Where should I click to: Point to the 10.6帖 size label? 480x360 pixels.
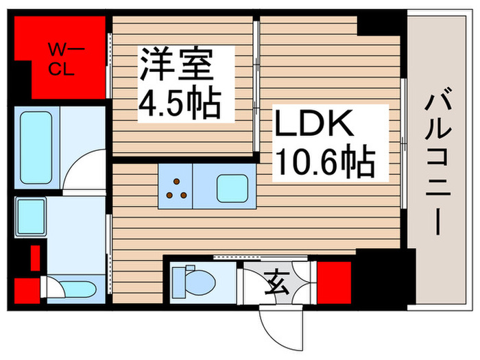[x=324, y=163]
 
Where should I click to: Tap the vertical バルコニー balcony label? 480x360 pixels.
[x=438, y=165]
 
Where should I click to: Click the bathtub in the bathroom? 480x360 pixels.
[x=36, y=148]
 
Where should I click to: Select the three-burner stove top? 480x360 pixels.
[x=177, y=187]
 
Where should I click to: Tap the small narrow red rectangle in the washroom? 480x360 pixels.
[x=34, y=259]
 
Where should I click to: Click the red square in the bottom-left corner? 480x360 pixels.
[x=26, y=289]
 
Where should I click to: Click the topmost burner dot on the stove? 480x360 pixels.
[x=176, y=181]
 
